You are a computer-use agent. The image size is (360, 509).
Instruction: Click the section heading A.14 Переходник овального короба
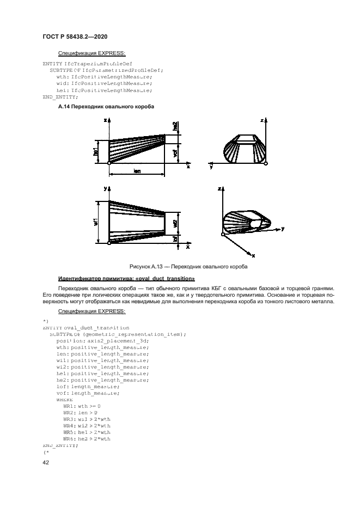tap(106, 106)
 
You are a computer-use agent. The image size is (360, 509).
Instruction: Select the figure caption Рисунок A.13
tap(188, 267)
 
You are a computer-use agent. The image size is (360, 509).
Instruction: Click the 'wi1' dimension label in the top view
tap(96, 223)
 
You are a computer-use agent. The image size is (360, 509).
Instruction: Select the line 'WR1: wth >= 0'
tap(82, 406)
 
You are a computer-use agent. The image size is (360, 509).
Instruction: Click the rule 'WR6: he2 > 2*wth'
tap(87, 438)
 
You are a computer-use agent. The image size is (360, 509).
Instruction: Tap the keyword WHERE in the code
tap(64, 399)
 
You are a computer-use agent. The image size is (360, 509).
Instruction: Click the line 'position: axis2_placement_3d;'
tap(95, 340)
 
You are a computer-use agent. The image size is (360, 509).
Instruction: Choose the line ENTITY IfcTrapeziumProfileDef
tap(83, 64)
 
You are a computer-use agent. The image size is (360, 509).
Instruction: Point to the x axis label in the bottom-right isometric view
tap(254, 255)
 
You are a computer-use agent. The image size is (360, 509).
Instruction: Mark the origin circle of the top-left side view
tap(109, 163)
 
